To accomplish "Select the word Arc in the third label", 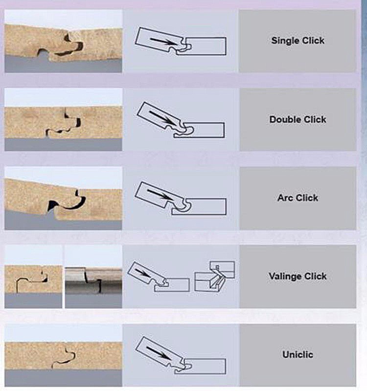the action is click(285, 198).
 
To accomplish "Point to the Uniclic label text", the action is click(298, 355).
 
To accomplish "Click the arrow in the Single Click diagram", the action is click(163, 42).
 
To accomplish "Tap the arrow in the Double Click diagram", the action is click(162, 118).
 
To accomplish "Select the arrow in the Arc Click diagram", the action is click(160, 195).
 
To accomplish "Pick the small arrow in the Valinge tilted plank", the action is click(142, 272).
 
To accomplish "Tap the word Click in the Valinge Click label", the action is click(315, 276).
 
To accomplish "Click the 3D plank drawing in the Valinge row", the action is click(214, 277).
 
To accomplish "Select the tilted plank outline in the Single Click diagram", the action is click(160, 40).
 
